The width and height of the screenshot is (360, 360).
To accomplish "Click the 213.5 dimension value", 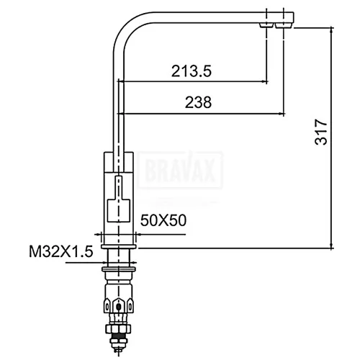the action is point(192,71).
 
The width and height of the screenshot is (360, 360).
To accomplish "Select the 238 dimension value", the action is point(198,102).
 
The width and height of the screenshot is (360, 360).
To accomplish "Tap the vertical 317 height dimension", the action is point(321,132).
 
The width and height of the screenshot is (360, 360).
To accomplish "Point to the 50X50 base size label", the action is point(163,220).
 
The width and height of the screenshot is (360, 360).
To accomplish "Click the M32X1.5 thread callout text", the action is point(61,251).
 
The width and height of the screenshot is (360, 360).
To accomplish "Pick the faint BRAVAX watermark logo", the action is point(181,170).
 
